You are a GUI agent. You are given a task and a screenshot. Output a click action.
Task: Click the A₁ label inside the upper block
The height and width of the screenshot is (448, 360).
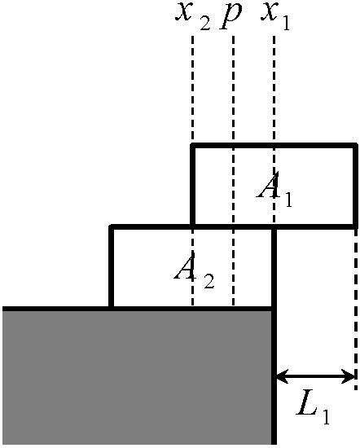pos(274,190)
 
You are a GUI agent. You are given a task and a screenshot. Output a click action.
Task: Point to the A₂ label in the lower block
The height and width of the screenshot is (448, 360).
pos(194,270)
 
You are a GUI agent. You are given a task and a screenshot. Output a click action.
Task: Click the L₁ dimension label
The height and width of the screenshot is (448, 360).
pos(313,414)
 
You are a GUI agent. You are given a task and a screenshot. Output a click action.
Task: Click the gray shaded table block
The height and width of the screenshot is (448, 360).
pos(137,377)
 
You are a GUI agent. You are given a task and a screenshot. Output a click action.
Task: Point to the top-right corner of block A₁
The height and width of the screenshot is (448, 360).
pos(356,145)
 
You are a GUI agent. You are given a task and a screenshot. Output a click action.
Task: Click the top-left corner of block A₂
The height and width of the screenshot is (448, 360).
pos(111,227)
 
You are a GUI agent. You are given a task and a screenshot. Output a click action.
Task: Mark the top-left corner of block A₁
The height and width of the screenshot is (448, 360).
pos(192,145)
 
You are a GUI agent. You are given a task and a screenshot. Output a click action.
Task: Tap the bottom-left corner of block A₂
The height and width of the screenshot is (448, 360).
pos(111,308)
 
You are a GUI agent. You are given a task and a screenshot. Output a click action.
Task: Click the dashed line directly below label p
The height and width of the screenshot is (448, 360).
pos(234,171)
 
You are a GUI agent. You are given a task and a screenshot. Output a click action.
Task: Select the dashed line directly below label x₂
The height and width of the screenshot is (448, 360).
pos(192,89)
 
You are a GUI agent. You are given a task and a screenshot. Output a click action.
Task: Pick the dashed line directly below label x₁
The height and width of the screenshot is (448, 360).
pos(274,130)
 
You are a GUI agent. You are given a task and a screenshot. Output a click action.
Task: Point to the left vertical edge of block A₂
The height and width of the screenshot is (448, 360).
pos(111,268)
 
